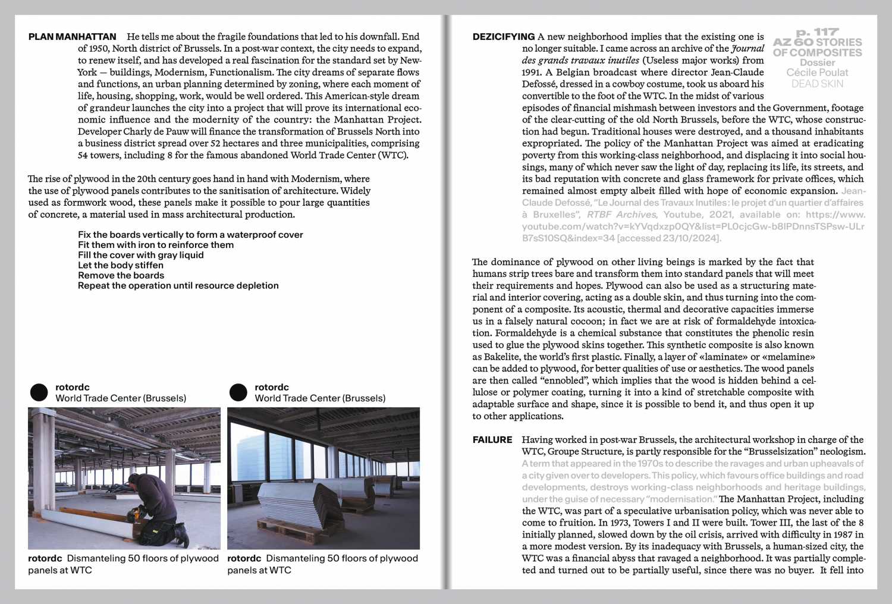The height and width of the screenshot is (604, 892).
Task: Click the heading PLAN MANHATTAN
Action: point(72,37)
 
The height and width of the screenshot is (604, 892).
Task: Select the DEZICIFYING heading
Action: point(503,37)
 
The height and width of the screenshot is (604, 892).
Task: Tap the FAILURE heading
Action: point(492,440)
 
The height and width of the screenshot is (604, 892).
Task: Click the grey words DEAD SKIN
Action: point(817,84)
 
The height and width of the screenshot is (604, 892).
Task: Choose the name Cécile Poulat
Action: point(817,73)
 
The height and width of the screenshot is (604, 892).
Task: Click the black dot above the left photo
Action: point(39,392)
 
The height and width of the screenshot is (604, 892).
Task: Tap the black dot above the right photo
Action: point(238,392)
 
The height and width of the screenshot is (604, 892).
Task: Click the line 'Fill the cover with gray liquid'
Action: point(140,255)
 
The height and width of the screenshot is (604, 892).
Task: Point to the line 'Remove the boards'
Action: point(121,275)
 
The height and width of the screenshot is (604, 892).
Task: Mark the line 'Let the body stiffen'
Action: point(120,265)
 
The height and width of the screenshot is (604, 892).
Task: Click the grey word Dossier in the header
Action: point(817,62)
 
